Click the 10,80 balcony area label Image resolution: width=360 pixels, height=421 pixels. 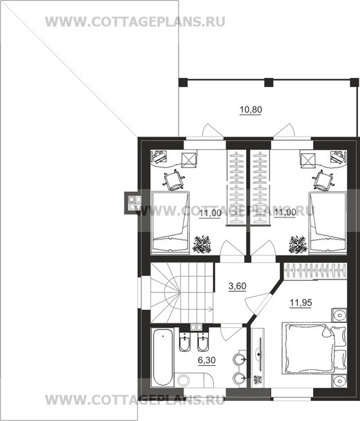coord(250,110)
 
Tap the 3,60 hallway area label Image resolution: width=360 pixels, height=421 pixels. coord(237,286)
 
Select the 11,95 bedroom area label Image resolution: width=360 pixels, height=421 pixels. coord(301,302)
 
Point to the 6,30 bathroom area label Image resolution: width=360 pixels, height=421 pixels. coord(207,360)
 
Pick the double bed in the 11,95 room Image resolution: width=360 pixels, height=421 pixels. coord(314,349)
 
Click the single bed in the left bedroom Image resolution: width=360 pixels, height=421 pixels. coord(170,222)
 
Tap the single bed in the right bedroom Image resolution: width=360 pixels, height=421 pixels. coord(328,222)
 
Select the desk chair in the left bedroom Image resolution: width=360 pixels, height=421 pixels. coord(174,180)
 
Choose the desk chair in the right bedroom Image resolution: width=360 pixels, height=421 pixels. coord(323,180)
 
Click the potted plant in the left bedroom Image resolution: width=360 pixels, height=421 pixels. coord(202,244)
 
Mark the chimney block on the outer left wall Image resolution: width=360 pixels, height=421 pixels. coord(132,203)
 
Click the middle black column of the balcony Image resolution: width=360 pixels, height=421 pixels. coord(268,82)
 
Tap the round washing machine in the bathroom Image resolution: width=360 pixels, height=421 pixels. coord(184,380)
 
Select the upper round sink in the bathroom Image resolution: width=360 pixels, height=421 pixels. coord(239,359)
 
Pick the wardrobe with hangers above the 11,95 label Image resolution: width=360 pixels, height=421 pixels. coord(315,271)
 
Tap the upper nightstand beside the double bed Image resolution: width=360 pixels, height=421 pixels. coord(339,315)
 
